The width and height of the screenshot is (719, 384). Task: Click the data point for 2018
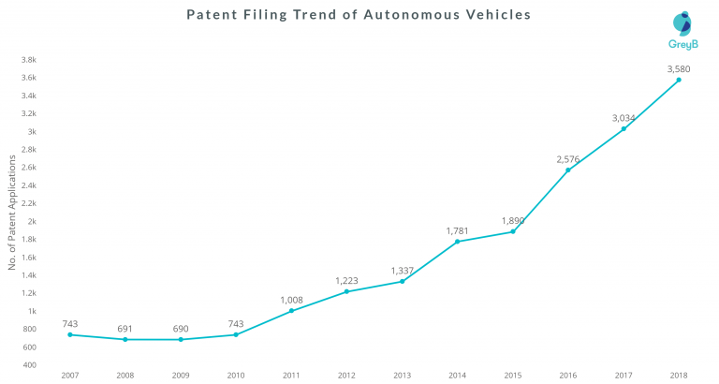pyautogui.click(x=679, y=80)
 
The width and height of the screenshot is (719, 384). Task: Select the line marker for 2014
pyautogui.click(x=457, y=242)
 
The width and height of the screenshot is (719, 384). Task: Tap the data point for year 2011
pyautogui.click(x=291, y=310)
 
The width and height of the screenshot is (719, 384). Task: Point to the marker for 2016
pyautogui.click(x=568, y=170)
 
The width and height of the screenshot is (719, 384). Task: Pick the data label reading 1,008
pyautogui.click(x=291, y=299)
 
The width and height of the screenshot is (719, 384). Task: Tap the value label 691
pyautogui.click(x=125, y=328)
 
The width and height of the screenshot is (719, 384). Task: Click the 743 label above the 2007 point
pyautogui.click(x=70, y=323)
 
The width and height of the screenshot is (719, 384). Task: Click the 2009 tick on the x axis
pyautogui.click(x=181, y=375)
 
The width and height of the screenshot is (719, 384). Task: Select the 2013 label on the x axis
pyautogui.click(x=402, y=375)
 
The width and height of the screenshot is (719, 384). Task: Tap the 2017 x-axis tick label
pyautogui.click(x=624, y=375)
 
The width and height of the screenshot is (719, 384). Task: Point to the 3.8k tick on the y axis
pyautogui.click(x=28, y=60)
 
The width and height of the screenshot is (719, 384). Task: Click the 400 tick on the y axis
pyautogui.click(x=29, y=364)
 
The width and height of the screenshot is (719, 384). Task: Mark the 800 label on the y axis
pyautogui.click(x=29, y=329)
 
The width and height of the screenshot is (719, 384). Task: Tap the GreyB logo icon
pyautogui.click(x=682, y=23)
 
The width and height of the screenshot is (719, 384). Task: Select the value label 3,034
pyautogui.click(x=624, y=117)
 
